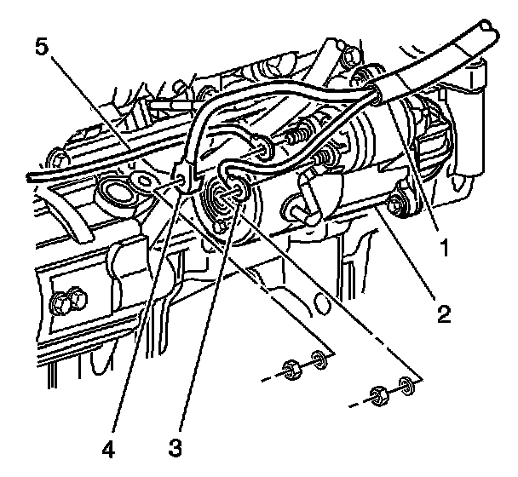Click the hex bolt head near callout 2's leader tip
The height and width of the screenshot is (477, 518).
coord(396,205)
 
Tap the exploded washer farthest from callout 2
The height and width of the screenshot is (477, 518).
coord(319,360)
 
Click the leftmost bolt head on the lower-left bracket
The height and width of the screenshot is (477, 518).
coord(62,302)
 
